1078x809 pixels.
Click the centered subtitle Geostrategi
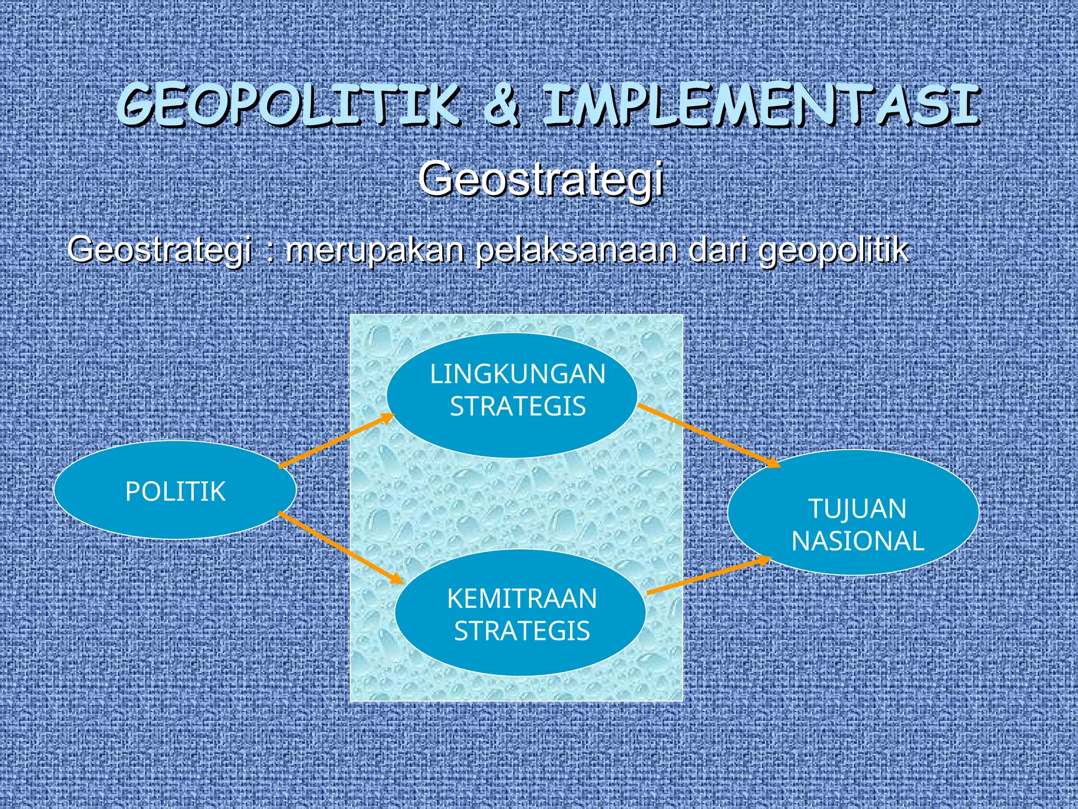tap(540, 179)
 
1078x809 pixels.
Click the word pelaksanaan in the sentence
tap(576, 250)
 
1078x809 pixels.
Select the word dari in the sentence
tap(718, 250)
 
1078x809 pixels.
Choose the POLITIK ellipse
tap(175, 491)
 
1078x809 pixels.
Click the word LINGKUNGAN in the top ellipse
tap(518, 374)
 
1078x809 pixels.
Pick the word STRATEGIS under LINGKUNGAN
tap(518, 407)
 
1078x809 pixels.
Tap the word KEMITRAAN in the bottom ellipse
tap(522, 599)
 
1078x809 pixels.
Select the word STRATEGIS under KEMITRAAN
tap(522, 631)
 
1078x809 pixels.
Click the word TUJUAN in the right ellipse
tap(857, 509)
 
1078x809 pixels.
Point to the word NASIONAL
tap(858, 541)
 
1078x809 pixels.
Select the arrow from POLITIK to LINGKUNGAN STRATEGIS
tap(337, 440)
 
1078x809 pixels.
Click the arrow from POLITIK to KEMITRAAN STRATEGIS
tap(341, 548)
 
